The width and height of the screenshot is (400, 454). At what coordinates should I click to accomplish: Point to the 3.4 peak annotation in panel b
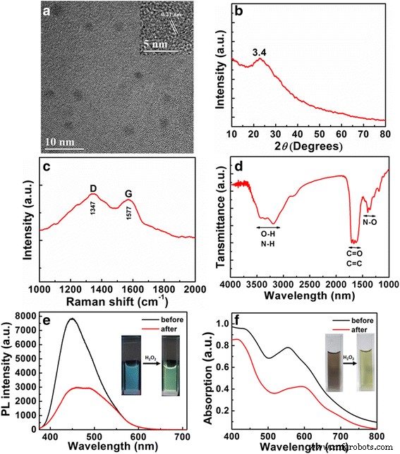[x=260, y=51]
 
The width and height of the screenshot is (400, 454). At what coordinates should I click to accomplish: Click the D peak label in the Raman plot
[x=92, y=188]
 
